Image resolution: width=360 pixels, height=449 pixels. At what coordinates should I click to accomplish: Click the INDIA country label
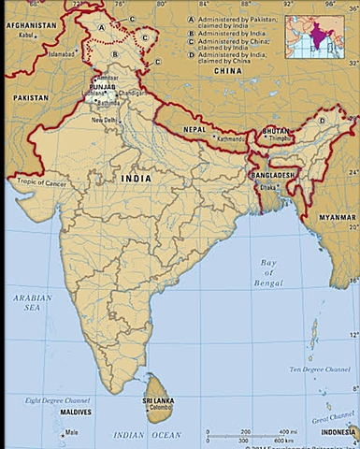click(137, 177)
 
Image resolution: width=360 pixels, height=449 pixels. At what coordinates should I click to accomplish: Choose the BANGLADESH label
click(273, 175)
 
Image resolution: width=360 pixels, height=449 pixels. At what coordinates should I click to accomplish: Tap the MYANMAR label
click(337, 217)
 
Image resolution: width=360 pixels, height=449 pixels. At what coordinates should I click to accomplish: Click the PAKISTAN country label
click(31, 97)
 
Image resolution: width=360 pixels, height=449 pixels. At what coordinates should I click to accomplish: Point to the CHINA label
click(227, 70)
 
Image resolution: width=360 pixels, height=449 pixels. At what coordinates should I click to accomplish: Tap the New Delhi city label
click(105, 120)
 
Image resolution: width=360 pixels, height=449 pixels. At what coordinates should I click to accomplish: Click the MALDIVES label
click(75, 412)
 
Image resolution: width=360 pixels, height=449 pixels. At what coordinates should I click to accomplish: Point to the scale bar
click(247, 435)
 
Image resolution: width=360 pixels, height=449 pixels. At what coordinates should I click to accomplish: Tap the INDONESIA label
click(338, 432)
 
